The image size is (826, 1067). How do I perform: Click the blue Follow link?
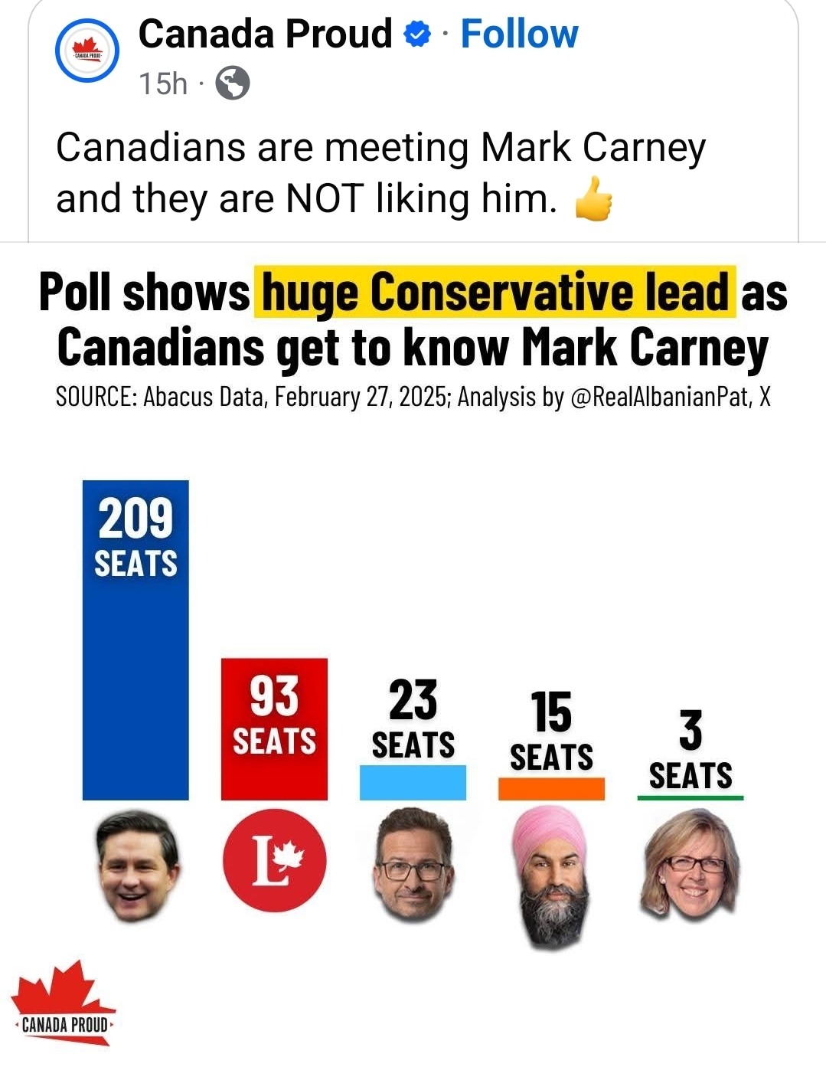[x=519, y=34]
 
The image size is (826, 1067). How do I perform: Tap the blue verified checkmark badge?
[x=417, y=34]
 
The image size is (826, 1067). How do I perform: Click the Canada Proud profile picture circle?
[x=87, y=51]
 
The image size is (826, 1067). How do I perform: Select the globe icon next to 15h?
[x=233, y=83]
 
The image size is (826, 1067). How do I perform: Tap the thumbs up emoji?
[x=594, y=199]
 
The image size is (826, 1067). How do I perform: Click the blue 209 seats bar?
[x=135, y=674]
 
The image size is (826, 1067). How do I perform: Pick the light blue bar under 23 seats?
[x=413, y=783]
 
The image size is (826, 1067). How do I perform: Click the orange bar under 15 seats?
[x=551, y=789]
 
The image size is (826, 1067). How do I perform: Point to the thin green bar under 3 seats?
[x=690, y=798]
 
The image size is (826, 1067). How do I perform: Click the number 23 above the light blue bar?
[x=413, y=700]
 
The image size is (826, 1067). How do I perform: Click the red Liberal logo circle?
[x=274, y=861]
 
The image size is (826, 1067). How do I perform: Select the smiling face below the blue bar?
[x=136, y=866]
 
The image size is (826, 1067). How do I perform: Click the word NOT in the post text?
[x=324, y=198]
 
